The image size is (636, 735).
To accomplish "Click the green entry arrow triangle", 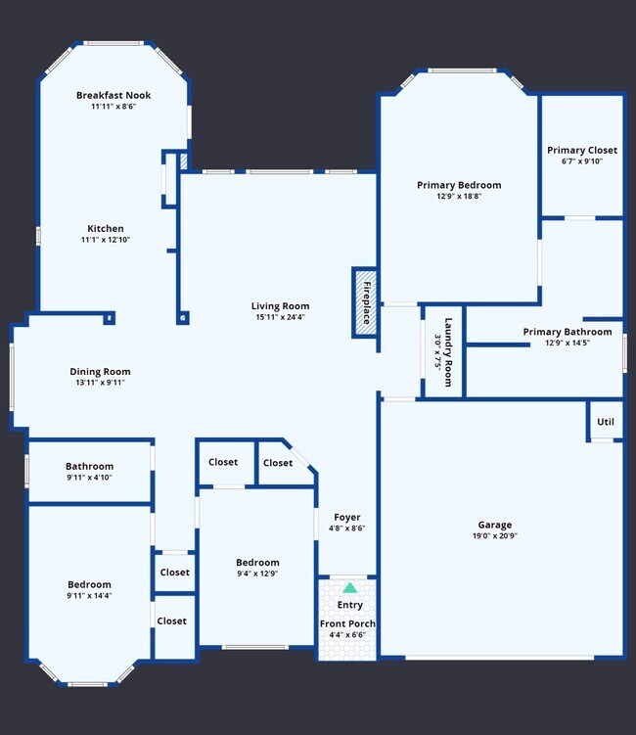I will point(349,588).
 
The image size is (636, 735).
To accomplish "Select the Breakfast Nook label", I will point(113,95).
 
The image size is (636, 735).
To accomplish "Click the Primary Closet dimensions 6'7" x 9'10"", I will point(581,161).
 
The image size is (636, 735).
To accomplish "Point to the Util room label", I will point(606,422).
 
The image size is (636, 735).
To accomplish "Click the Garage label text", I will point(494,525).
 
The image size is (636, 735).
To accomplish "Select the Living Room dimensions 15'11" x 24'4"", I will point(280,317).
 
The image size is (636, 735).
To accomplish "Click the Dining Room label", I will point(100,371).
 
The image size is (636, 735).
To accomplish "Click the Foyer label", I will point(347,517).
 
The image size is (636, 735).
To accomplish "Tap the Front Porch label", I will point(347,623).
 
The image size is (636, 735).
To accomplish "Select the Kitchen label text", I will point(106,228).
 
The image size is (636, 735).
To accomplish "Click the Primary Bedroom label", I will point(459,184).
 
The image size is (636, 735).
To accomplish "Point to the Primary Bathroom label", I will point(568,332).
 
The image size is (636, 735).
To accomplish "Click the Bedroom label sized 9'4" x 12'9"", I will point(257,562).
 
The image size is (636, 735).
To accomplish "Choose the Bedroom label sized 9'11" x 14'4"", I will point(89,584).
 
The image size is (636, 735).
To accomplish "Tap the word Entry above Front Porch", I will point(349,605).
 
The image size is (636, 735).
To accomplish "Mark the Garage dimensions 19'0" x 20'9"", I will point(494,536).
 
